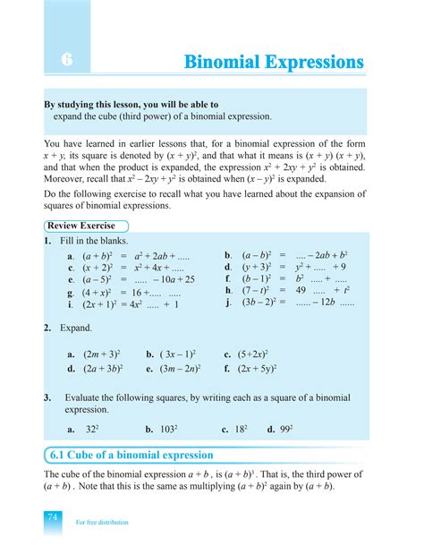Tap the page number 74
point(53,519)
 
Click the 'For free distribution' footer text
point(102,522)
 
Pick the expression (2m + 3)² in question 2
point(100,354)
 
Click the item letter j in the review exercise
point(228,303)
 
